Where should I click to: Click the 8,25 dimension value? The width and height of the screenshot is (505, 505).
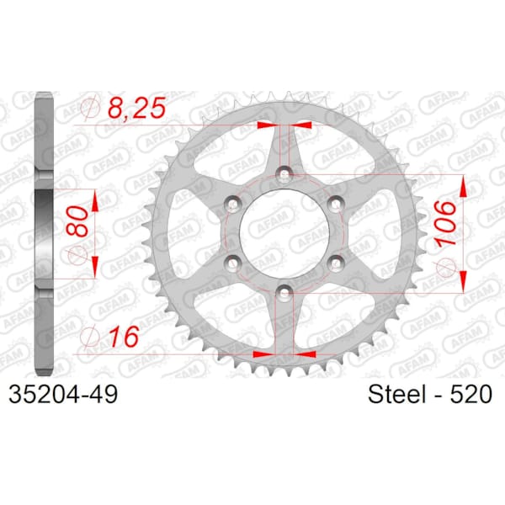(x=137, y=108)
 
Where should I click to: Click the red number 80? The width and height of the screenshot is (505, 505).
(x=77, y=221)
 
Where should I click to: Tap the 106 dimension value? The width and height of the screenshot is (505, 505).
(x=446, y=223)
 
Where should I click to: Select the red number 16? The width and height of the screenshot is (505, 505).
(x=124, y=337)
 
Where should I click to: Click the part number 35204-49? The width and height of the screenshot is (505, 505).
(x=63, y=394)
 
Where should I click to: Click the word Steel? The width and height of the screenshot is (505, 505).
(x=396, y=394)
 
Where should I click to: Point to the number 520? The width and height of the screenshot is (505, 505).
(x=470, y=394)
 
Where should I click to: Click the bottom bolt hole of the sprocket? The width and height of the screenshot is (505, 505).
(x=284, y=292)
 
